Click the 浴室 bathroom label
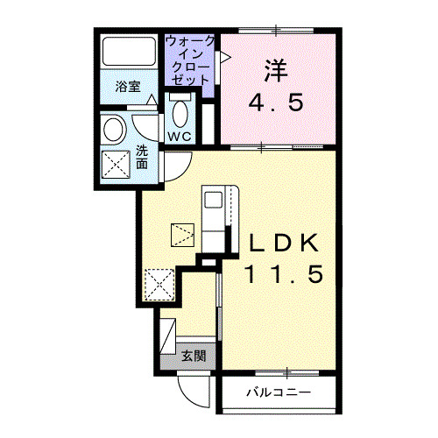[x=128, y=87]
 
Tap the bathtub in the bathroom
[x=129, y=52]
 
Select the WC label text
[x=180, y=137]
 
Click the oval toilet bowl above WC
[x=180, y=114]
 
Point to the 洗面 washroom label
[x=142, y=158]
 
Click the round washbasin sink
[x=114, y=130]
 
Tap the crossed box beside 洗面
[x=116, y=165]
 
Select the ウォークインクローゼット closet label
[x=189, y=60]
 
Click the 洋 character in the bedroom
[x=276, y=71]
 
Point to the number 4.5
[x=276, y=102]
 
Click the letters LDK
[x=283, y=243]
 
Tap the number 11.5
[x=285, y=274]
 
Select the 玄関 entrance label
[x=194, y=356]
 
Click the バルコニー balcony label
[x=279, y=392]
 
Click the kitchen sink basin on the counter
[x=213, y=200]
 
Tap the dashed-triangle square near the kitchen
[x=182, y=236]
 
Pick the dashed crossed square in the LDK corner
[x=159, y=285]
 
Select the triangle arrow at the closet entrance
[x=225, y=57]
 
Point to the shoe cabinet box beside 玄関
[x=168, y=336]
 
